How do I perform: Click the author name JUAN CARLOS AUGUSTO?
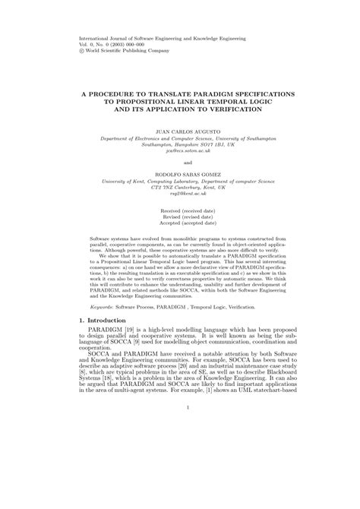click(x=179, y=131)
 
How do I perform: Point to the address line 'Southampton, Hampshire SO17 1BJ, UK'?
click(x=179, y=144)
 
